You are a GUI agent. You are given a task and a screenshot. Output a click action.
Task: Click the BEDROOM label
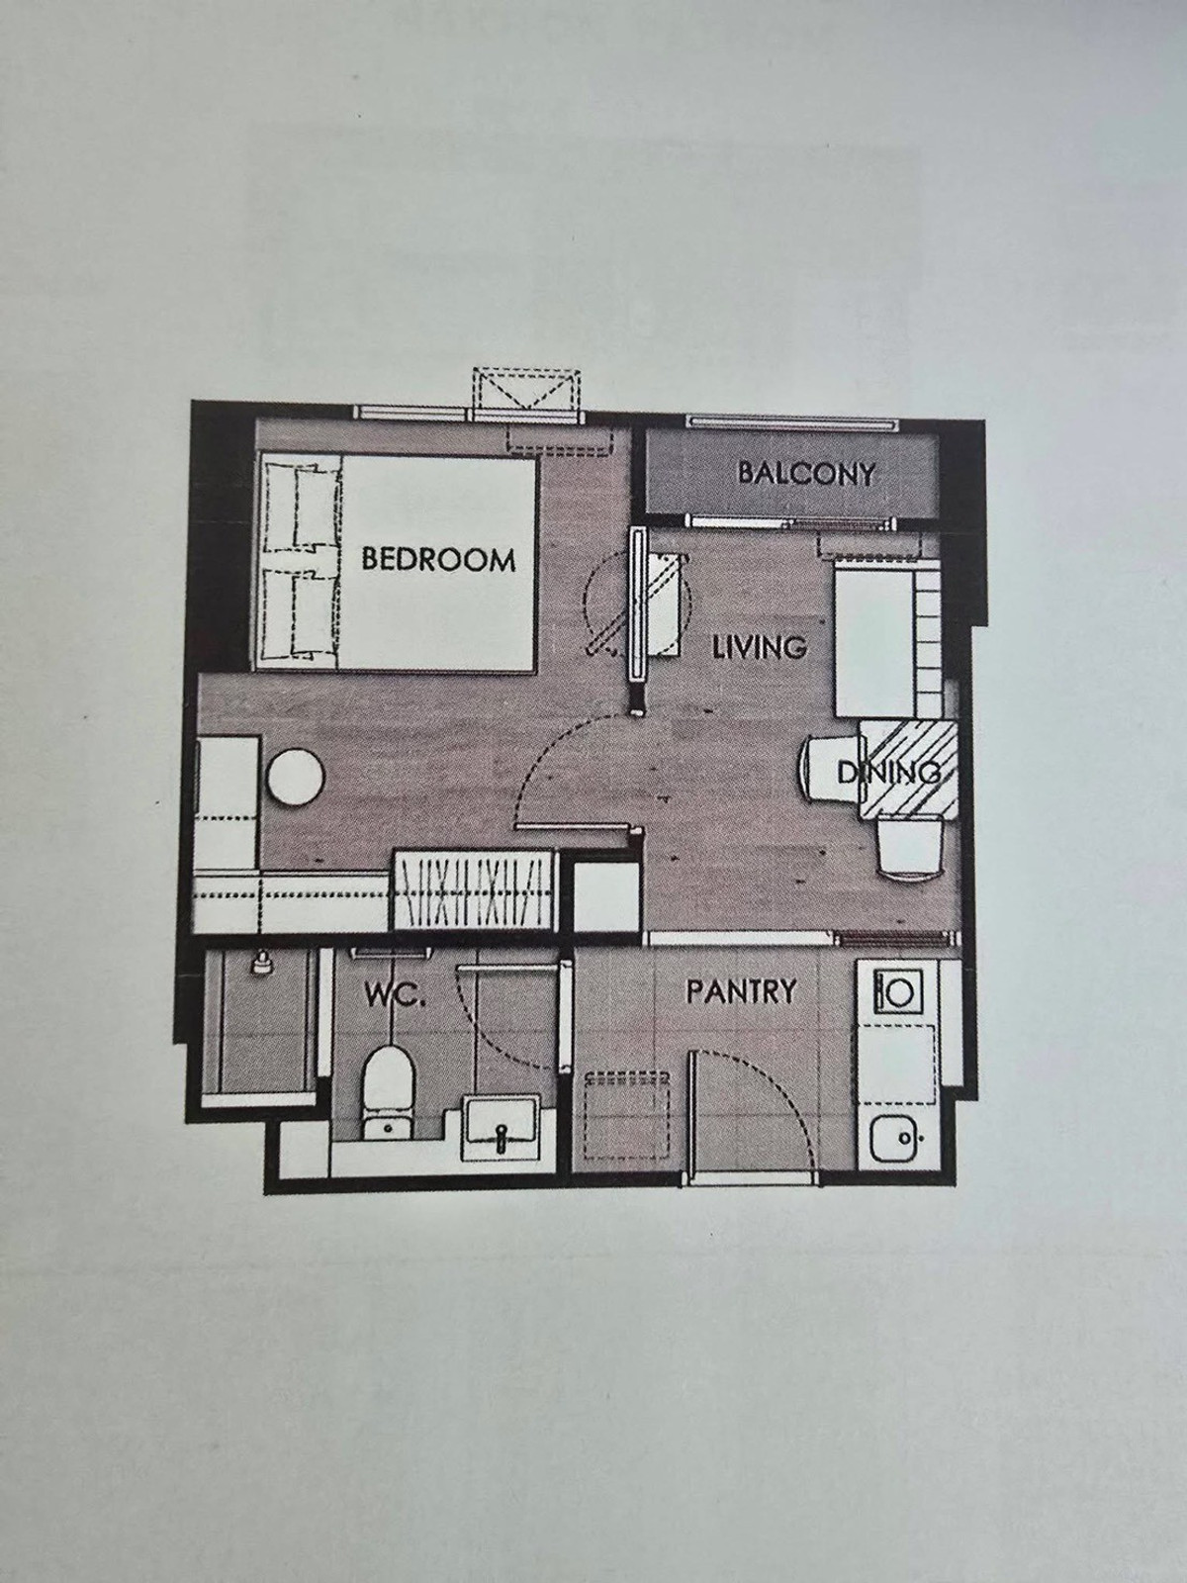(438, 559)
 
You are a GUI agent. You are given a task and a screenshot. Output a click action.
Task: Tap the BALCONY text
(806, 473)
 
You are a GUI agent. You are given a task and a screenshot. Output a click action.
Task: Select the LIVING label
(759, 647)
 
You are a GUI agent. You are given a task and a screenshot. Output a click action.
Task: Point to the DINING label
(889, 773)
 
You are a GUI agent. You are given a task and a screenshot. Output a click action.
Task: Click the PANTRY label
(741, 991)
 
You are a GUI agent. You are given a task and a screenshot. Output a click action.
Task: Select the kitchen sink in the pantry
(896, 1140)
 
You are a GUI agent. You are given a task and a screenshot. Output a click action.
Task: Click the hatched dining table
(909, 769)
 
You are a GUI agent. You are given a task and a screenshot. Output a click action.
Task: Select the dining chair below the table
(909, 848)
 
